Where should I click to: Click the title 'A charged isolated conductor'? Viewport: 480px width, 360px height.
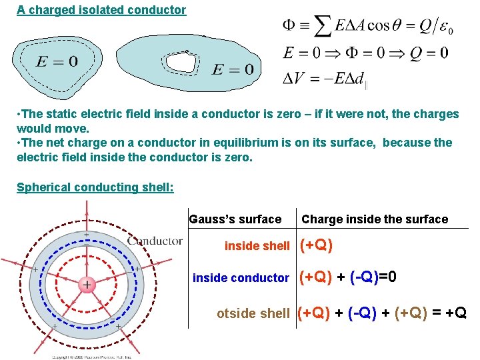[x=101, y=10]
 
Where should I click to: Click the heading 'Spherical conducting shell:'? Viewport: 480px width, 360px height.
[x=95, y=187]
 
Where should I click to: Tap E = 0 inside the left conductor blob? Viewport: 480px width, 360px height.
[x=57, y=62]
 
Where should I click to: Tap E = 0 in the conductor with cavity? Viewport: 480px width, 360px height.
[x=233, y=69]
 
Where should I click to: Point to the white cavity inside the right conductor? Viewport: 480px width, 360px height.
[x=182, y=62]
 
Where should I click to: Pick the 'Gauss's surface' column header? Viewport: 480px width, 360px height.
[x=235, y=219]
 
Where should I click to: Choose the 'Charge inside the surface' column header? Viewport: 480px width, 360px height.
[x=375, y=219]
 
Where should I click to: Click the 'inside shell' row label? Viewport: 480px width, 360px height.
[x=257, y=246]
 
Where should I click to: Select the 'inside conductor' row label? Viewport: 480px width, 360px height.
[x=241, y=278]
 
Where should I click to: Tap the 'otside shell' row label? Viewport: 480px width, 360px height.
[x=253, y=313]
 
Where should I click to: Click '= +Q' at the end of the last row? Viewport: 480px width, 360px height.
[x=450, y=312]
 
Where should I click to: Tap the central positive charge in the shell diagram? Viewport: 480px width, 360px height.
[x=87, y=285]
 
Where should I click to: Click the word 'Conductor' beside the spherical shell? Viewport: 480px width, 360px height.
[x=155, y=241]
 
